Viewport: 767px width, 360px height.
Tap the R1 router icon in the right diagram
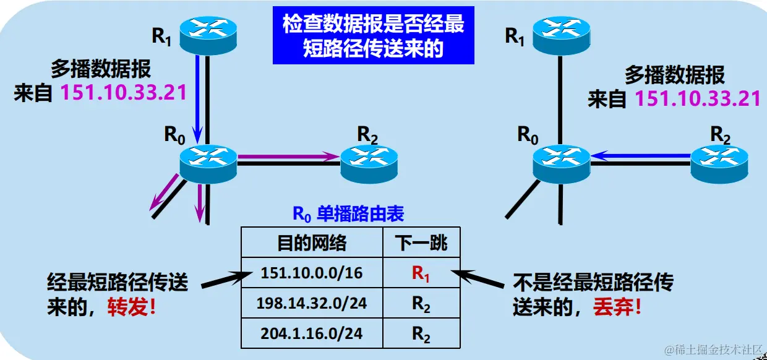[x=562, y=29]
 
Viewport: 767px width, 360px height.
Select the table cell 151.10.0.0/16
[x=312, y=273]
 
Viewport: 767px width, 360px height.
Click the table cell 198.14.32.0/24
[x=312, y=303]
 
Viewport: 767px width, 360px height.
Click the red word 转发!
[x=132, y=307]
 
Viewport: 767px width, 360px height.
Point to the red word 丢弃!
[x=616, y=307]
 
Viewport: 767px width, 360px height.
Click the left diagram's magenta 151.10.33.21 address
[x=123, y=93]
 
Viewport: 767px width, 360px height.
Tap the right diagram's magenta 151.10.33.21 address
[x=698, y=99]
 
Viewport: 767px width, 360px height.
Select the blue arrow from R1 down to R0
[x=198, y=96]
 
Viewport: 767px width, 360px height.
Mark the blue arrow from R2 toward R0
[x=640, y=157]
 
